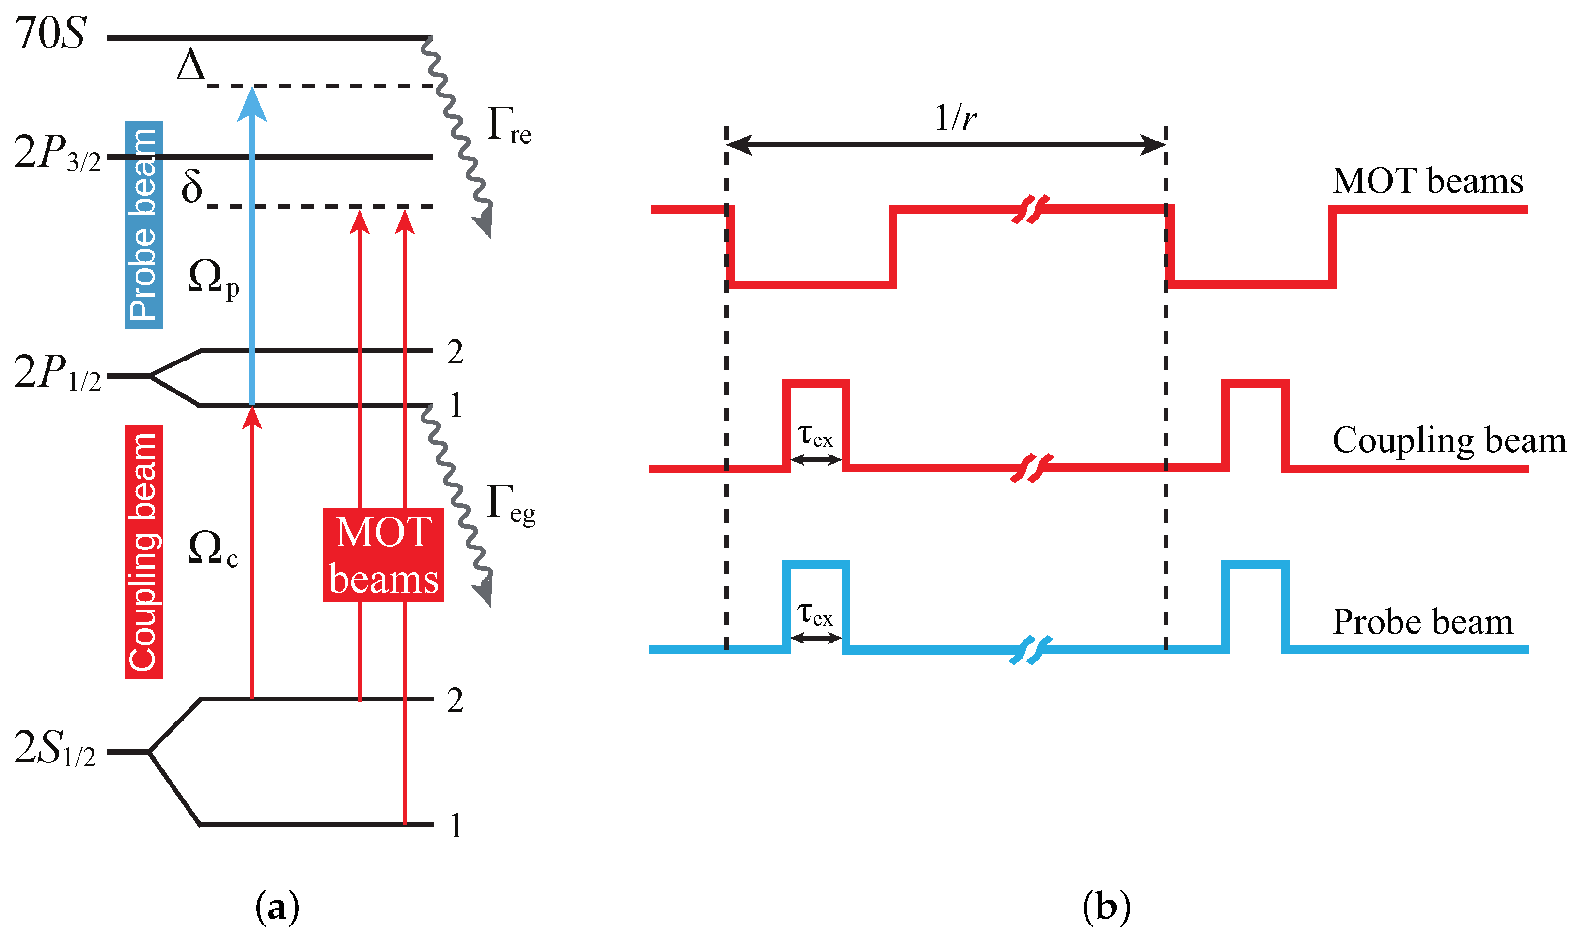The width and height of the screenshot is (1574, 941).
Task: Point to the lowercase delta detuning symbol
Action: pos(191,186)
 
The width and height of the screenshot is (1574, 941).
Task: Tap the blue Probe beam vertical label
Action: pos(144,224)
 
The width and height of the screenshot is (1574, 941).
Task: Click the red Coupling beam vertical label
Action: pos(144,552)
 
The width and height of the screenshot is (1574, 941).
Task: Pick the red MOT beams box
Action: pos(383,555)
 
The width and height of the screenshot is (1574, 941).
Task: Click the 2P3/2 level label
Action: pos(57,154)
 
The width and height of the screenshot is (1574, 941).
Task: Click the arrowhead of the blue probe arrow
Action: pos(252,103)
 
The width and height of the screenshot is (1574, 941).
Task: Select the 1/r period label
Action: pos(955,118)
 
